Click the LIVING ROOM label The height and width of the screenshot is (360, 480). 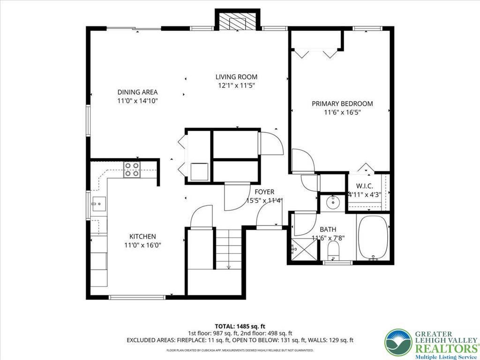(x=236, y=77)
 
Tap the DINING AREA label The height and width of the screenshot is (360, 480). (x=137, y=92)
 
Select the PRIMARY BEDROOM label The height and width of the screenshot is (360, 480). (x=342, y=104)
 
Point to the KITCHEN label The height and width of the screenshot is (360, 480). (x=142, y=237)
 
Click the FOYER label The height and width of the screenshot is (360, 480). (x=264, y=192)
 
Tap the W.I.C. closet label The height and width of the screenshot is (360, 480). (x=364, y=186)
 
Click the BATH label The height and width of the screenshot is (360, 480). (x=328, y=229)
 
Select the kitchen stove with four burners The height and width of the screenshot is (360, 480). (x=132, y=169)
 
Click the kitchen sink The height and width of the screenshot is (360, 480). (x=98, y=204)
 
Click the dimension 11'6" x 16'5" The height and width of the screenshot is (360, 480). (x=342, y=112)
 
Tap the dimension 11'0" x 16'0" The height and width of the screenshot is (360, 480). (x=142, y=245)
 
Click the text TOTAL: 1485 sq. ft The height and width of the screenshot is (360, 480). (x=240, y=326)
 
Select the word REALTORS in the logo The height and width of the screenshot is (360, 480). (x=442, y=348)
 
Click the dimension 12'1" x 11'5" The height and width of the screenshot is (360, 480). (x=236, y=86)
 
